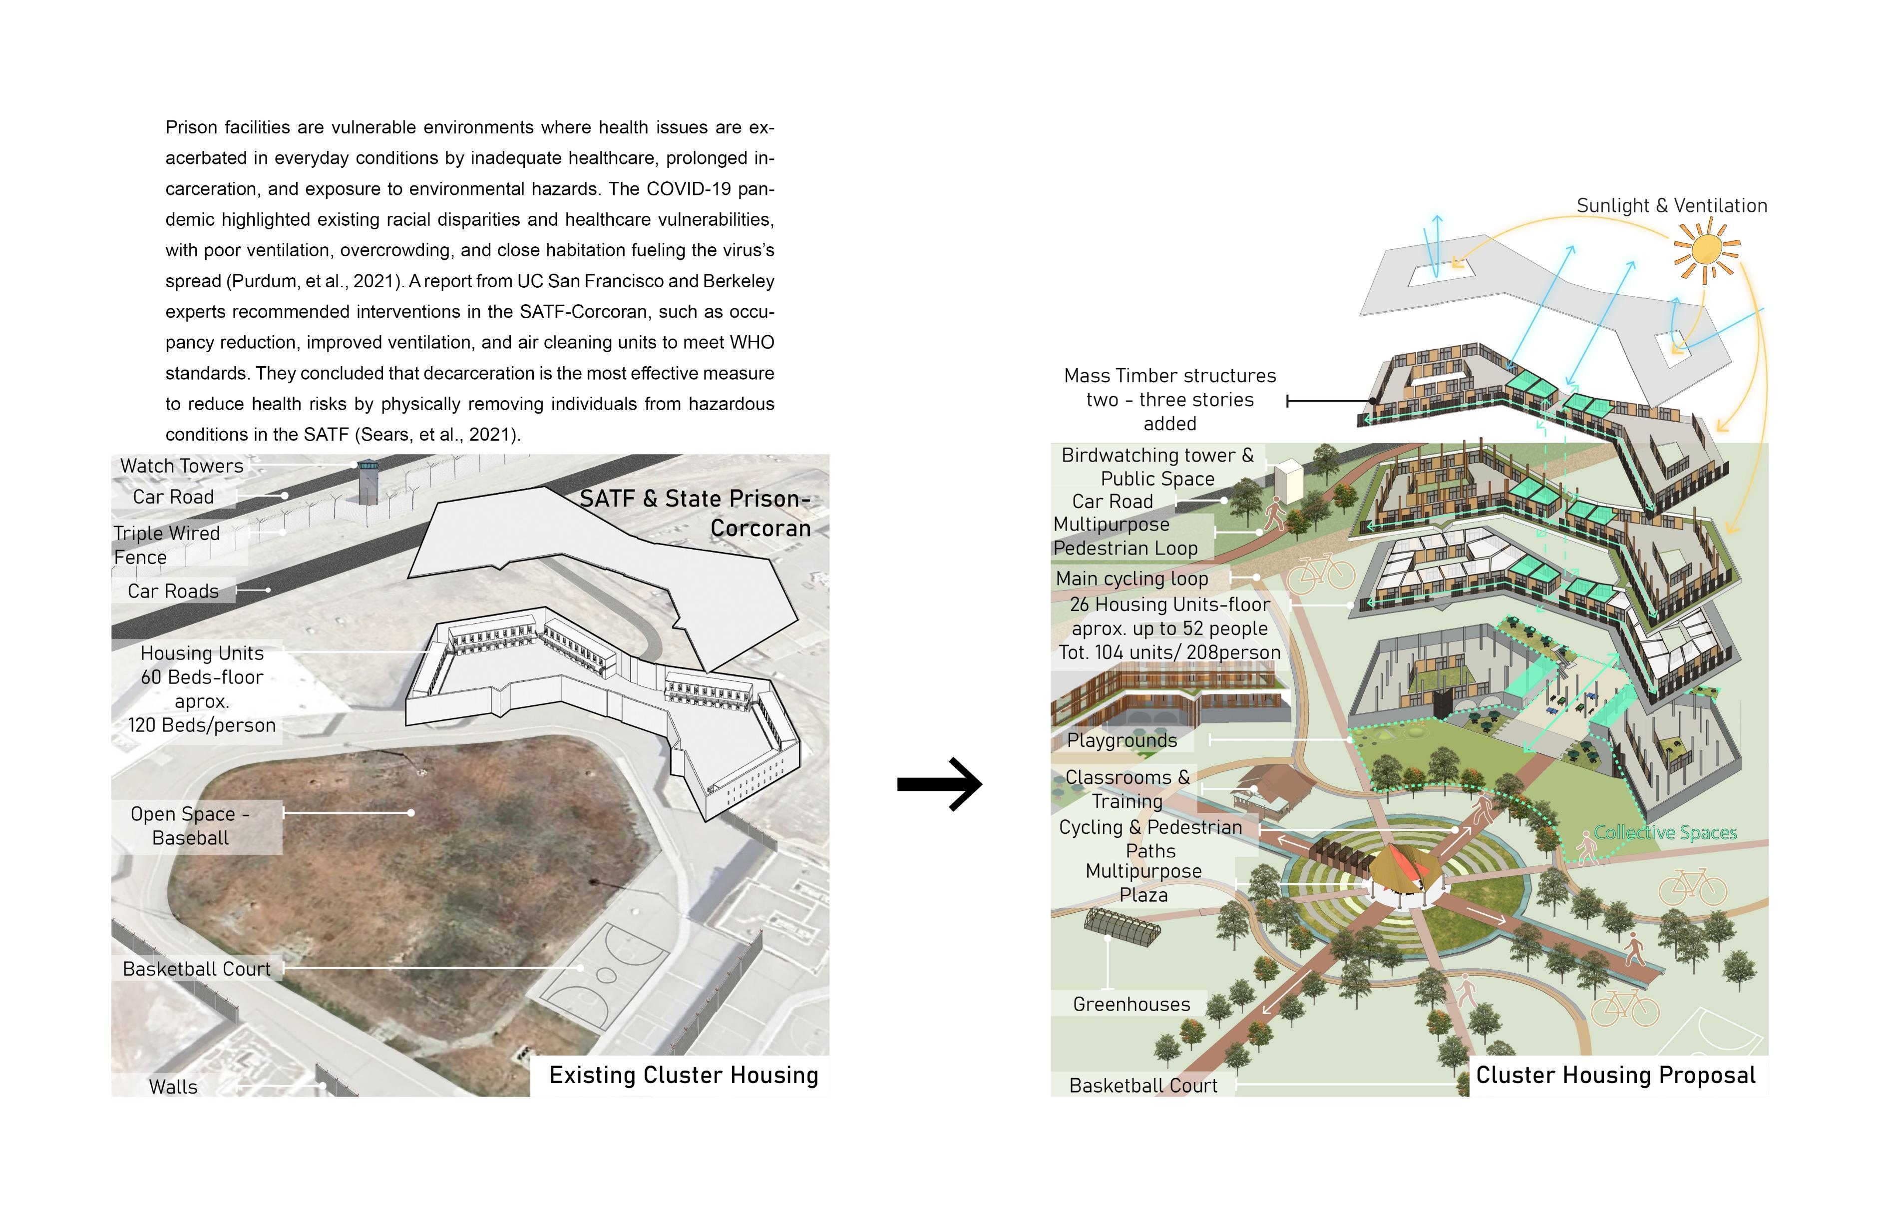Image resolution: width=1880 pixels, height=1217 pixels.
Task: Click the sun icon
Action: (x=1706, y=250)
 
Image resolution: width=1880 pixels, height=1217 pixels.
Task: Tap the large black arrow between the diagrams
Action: (x=940, y=784)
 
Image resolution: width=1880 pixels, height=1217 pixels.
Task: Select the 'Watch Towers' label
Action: (x=182, y=466)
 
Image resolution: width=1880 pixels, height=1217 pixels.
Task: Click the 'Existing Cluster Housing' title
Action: (x=683, y=1076)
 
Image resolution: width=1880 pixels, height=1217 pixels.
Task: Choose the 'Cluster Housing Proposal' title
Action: (x=1615, y=1076)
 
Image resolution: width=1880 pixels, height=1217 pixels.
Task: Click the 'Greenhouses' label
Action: (x=1131, y=1004)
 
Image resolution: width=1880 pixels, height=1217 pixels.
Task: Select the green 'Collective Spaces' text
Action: (x=1665, y=833)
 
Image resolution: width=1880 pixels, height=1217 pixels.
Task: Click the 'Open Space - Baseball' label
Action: (x=190, y=826)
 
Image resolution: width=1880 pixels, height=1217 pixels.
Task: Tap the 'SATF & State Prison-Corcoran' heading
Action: (x=695, y=514)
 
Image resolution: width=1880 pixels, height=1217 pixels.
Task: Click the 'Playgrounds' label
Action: (x=1122, y=740)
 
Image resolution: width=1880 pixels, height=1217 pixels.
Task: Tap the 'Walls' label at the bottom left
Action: (x=173, y=1087)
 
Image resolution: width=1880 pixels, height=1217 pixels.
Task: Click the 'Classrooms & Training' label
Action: (x=1127, y=789)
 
